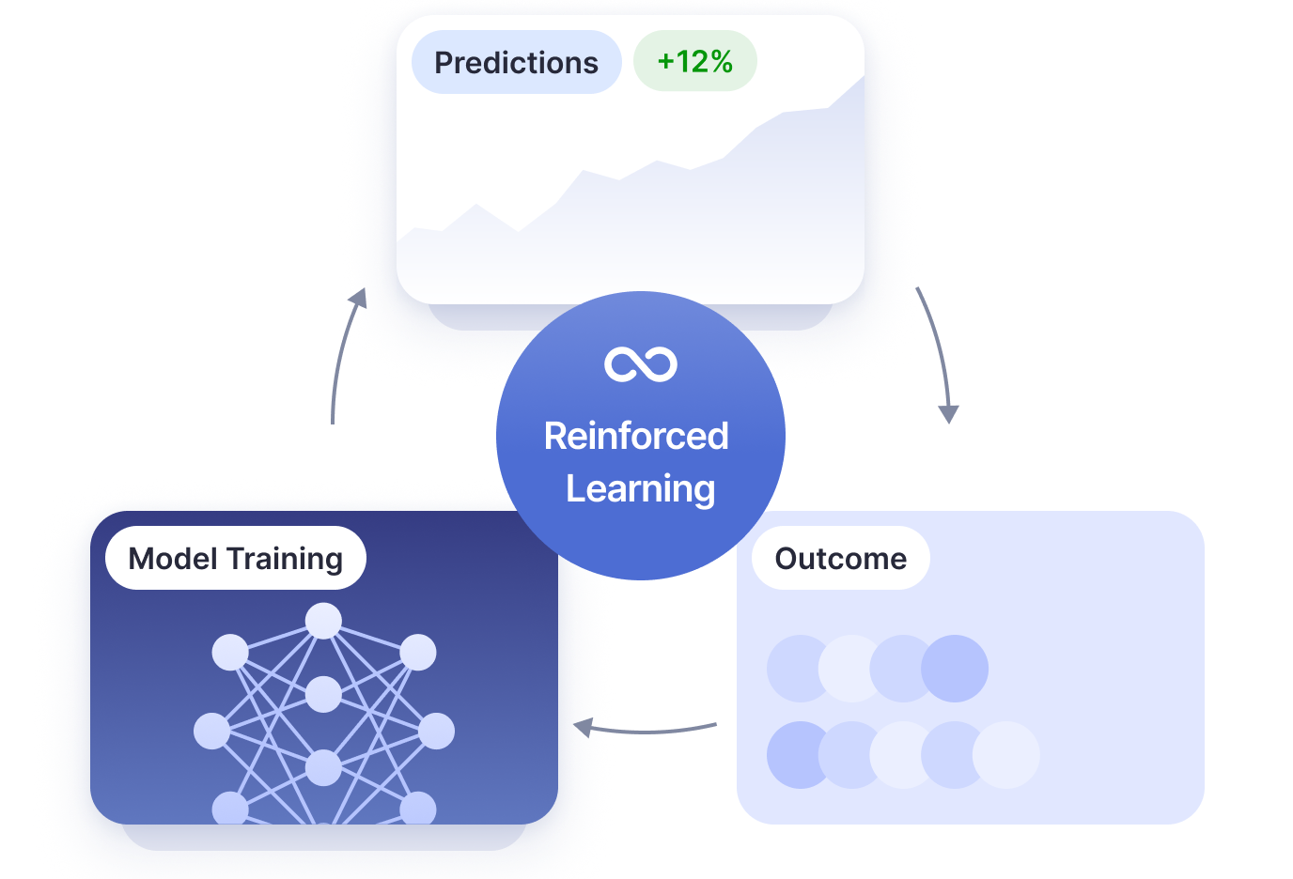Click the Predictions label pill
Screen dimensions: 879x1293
[x=516, y=63]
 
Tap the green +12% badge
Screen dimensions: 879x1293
[x=694, y=62]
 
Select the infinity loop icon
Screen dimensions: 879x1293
[x=641, y=364]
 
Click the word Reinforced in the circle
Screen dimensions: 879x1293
[x=636, y=437]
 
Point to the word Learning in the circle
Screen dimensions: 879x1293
[x=640, y=489]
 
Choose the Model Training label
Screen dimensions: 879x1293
[x=235, y=559]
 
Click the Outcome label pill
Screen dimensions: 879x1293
[x=840, y=559]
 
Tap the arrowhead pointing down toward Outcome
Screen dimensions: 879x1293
[x=949, y=413]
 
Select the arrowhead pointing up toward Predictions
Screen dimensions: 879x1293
[x=359, y=298]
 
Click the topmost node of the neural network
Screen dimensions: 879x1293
[x=323, y=621]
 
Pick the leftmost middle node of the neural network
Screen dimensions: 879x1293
[x=211, y=731]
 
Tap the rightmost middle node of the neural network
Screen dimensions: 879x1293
[x=436, y=731]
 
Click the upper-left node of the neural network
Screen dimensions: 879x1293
[x=230, y=652]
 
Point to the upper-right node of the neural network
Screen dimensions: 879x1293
[x=418, y=652]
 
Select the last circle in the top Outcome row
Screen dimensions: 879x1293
[x=955, y=669]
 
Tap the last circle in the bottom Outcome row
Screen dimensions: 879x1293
[x=1006, y=755]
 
